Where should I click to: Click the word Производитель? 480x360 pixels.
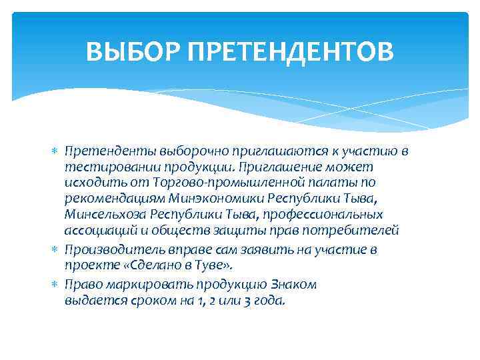(107, 250)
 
